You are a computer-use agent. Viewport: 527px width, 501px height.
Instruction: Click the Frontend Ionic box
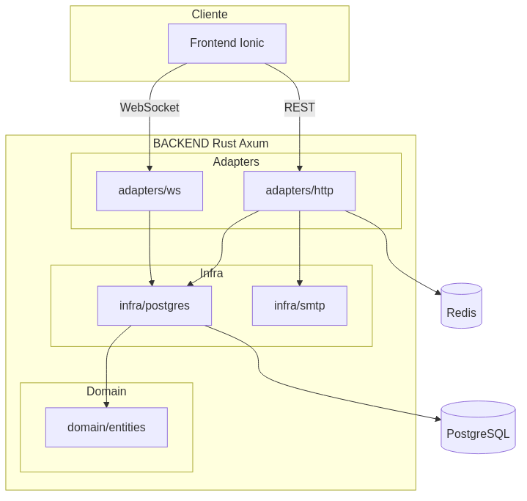coord(226,43)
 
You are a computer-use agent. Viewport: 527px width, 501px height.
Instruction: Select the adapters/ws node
coord(150,191)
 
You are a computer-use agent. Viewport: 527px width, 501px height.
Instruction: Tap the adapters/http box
coord(299,191)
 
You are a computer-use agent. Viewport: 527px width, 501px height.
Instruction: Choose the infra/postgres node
coord(155,305)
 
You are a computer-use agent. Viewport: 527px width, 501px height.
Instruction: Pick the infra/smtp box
coord(299,305)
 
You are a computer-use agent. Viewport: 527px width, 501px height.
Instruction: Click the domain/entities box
coord(106,427)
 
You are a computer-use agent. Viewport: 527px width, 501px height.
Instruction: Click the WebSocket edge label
coord(150,107)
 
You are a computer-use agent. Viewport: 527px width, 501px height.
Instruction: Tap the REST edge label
coord(299,107)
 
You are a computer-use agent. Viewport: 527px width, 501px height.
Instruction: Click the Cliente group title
coord(210,15)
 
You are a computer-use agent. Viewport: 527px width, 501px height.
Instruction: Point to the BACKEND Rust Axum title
coord(210,143)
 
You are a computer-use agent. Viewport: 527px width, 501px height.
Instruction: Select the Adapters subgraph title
coord(236,161)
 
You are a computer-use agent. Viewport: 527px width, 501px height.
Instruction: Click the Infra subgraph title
coord(211,273)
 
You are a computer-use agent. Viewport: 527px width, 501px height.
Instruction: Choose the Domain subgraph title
coord(106,391)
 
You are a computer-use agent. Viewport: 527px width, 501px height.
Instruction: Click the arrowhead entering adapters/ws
coord(150,168)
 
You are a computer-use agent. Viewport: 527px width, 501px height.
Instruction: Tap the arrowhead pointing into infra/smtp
coord(299,282)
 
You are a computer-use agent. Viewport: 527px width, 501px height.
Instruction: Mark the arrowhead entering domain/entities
coord(106,404)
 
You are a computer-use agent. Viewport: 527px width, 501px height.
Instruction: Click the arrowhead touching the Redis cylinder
coord(438,293)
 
